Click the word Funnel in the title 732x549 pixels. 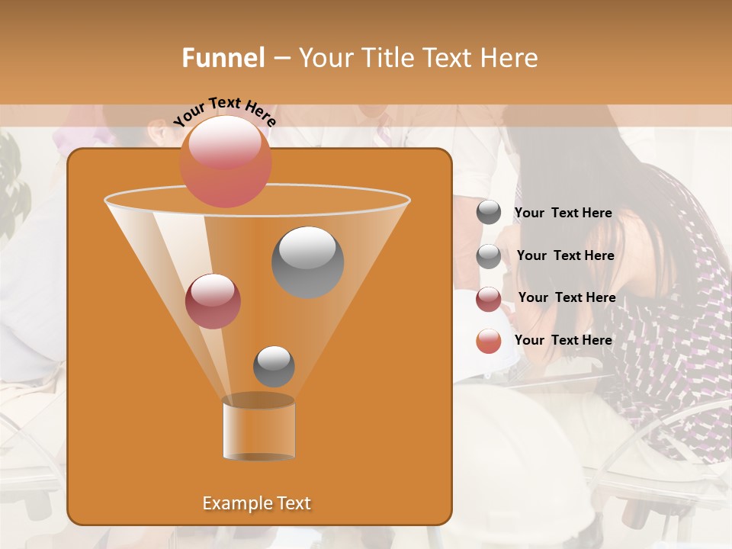click(x=223, y=58)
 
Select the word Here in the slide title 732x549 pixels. click(x=510, y=58)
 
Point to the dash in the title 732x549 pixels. click(x=280, y=59)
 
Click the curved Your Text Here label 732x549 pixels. click(x=224, y=111)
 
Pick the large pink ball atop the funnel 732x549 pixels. click(x=225, y=161)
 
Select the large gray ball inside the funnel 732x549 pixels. click(x=307, y=262)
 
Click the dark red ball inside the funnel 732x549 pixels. click(x=213, y=301)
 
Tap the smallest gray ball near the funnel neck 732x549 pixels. click(x=274, y=366)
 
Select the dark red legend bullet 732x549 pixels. click(x=489, y=299)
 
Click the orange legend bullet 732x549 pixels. click(x=489, y=341)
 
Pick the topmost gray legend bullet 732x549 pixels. click(x=489, y=212)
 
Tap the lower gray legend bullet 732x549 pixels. click(x=489, y=256)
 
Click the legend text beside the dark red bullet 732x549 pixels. click(x=567, y=297)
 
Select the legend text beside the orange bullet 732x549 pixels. click(x=563, y=340)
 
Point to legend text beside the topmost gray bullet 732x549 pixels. click(x=563, y=213)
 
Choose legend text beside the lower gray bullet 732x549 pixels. click(x=565, y=255)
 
